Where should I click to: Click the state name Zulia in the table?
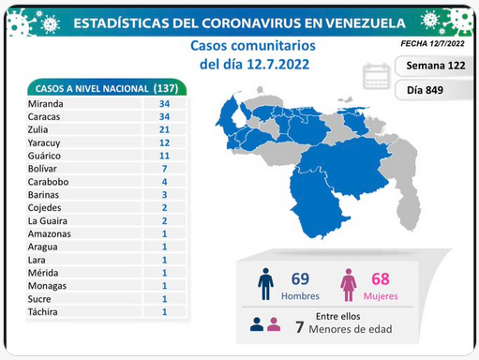[x=37, y=129]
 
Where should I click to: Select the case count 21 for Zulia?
[x=164, y=129]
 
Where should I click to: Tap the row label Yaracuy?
[x=44, y=143]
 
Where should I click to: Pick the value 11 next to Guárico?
[x=164, y=156]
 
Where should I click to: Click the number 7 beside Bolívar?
[x=164, y=169]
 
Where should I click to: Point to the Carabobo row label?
[x=48, y=182]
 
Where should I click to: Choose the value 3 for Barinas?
[x=164, y=195]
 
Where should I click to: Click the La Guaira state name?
[x=48, y=221]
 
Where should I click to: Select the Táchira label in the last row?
[x=43, y=312]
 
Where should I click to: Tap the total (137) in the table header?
[x=166, y=88]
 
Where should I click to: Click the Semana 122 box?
[x=434, y=66]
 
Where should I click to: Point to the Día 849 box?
[x=434, y=90]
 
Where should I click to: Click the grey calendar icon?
[x=376, y=76]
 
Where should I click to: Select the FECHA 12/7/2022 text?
[x=432, y=43]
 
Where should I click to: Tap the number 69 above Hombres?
[x=300, y=279]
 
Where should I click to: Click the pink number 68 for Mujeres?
[x=381, y=279]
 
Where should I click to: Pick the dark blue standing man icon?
[x=265, y=284]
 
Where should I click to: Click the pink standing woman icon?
[x=349, y=285]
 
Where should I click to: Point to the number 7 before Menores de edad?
[x=300, y=327]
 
